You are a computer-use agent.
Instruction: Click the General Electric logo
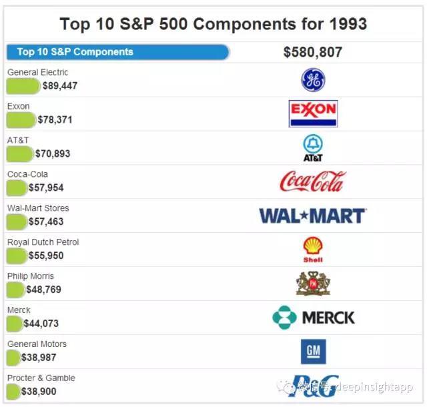313,81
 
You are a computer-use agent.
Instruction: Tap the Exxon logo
313,113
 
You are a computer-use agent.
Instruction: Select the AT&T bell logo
313,148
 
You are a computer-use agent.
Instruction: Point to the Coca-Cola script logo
313,181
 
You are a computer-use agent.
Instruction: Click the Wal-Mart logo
312,216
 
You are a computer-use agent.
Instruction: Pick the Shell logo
313,250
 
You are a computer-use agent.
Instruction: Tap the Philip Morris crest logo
313,284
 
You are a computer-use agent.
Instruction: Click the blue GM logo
313,352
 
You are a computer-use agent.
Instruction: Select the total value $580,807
313,52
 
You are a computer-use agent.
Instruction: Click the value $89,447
60,86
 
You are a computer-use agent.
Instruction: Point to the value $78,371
55,120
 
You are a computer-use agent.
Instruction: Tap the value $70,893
53,154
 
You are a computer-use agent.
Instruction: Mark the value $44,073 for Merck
41,324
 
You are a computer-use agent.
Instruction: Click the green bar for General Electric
23,86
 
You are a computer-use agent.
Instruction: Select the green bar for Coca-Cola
17,188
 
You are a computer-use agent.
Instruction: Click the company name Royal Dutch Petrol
43,242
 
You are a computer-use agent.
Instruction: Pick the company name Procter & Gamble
41,378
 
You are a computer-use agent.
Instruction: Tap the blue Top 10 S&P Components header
117,52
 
